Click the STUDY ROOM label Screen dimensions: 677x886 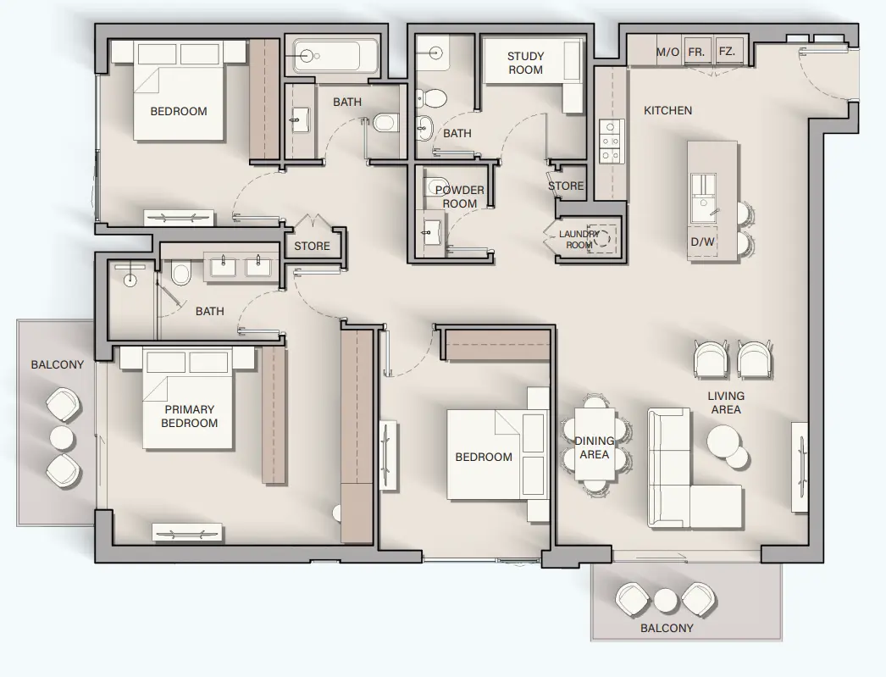pyautogui.click(x=525, y=64)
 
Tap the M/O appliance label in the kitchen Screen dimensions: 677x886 pyautogui.click(x=667, y=52)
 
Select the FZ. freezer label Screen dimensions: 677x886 pyautogui.click(x=727, y=52)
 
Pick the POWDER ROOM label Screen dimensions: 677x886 pyautogui.click(x=459, y=197)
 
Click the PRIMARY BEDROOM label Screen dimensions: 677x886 pyautogui.click(x=189, y=416)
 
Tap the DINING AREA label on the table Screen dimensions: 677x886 pyautogui.click(x=594, y=447)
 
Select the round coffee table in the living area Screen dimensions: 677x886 pyautogui.click(x=727, y=441)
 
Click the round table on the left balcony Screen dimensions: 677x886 pyautogui.click(x=63, y=437)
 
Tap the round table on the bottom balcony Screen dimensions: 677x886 pyautogui.click(x=666, y=601)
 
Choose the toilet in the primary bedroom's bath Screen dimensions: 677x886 pyautogui.click(x=180, y=274)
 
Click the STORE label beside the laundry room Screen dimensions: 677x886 pyautogui.click(x=566, y=186)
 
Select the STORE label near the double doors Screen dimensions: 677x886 pyautogui.click(x=312, y=247)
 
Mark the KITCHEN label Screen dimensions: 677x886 pyautogui.click(x=667, y=110)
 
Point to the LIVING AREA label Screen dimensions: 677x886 pyautogui.click(x=726, y=402)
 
